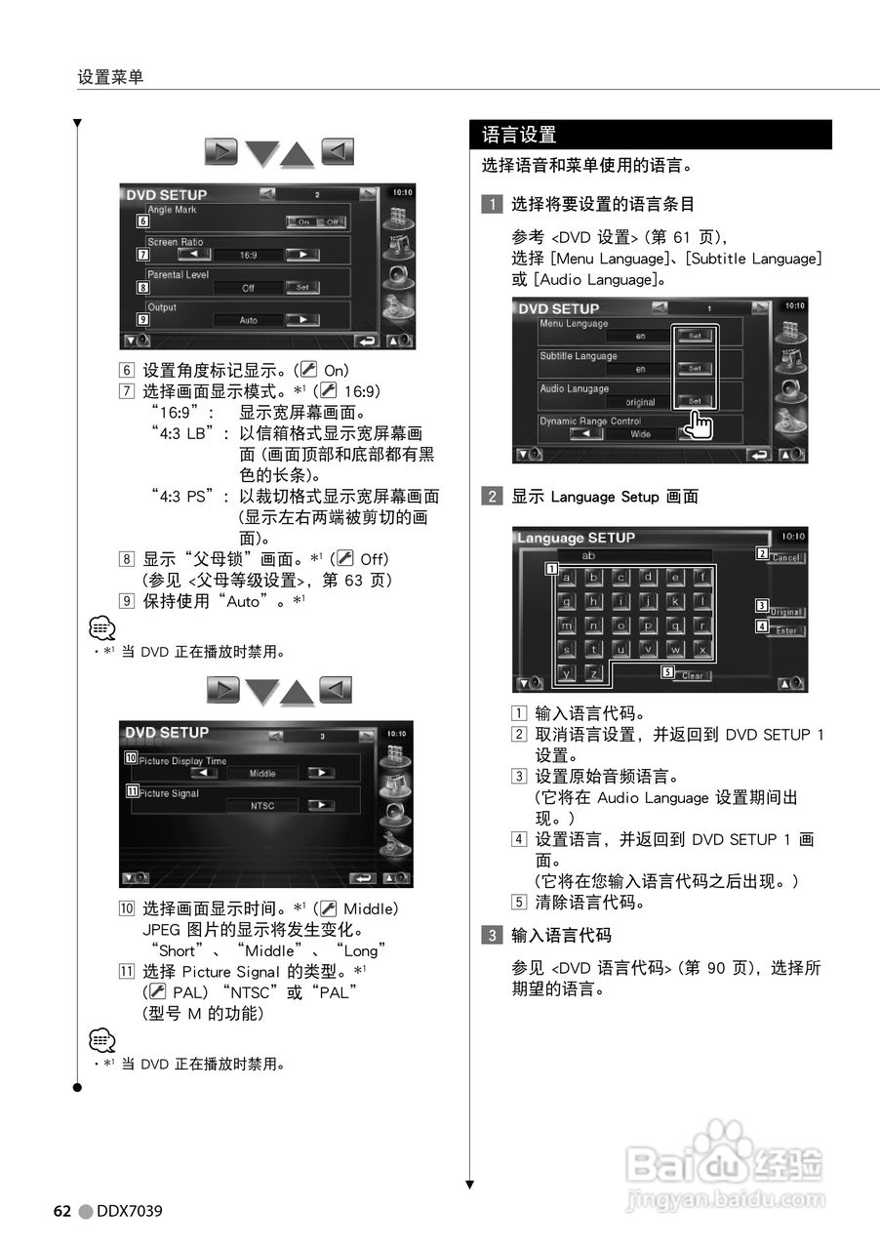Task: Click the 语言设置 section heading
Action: [x=519, y=135]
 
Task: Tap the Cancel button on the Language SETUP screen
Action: [x=785, y=557]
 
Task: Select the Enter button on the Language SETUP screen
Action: [x=785, y=630]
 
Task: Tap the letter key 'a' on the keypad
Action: [x=567, y=577]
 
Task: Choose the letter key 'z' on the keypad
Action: [x=594, y=672]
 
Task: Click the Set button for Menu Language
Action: [x=694, y=335]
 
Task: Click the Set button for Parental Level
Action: [x=302, y=288]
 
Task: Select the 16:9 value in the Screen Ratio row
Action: [x=248, y=255]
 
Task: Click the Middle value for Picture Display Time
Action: [x=262, y=773]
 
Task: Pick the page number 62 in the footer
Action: [x=61, y=1211]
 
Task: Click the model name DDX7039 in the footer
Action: [x=130, y=1211]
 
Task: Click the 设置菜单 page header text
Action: [x=110, y=76]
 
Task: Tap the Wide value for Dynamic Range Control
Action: [x=640, y=434]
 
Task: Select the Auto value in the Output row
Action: [x=248, y=320]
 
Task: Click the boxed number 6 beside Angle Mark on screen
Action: [x=142, y=222]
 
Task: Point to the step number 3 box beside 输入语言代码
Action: [x=494, y=935]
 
